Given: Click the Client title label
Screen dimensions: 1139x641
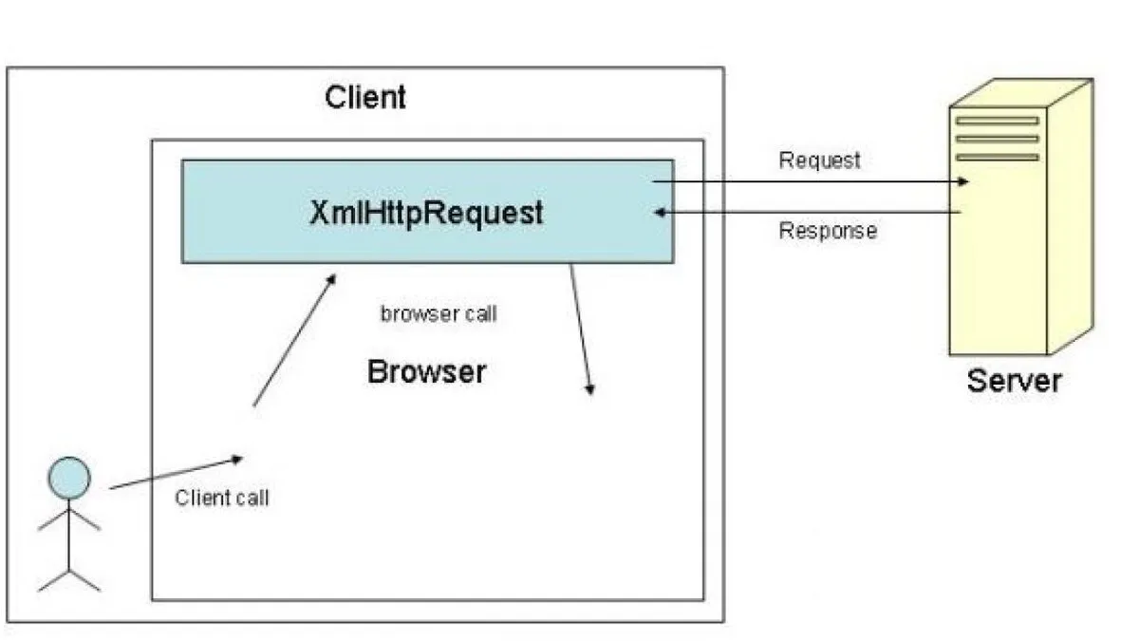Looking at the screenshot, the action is [365, 97].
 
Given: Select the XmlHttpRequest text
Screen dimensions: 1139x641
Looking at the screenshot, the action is [426, 213].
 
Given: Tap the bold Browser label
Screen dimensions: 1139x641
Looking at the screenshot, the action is [426, 371].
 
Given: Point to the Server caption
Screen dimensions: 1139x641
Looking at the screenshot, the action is [1014, 381].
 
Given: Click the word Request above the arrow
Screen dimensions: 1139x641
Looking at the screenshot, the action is [819, 160].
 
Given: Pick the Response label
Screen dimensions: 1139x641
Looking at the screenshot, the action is [828, 231].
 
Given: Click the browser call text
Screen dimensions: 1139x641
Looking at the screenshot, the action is [439, 314].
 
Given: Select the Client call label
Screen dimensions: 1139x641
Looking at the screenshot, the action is [222, 498].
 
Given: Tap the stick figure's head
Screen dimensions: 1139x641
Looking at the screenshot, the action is [69, 478].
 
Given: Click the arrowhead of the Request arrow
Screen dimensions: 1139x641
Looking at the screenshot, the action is [963, 181].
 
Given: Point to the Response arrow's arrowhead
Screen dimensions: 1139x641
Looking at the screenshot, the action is [660, 212].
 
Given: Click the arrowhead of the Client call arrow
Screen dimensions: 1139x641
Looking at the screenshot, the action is [237, 460].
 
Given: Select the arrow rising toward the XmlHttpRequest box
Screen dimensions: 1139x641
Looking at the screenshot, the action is [295, 340].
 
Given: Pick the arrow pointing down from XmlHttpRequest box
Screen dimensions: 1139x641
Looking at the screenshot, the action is [580, 330].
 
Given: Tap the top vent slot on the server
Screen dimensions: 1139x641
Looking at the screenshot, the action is [997, 122].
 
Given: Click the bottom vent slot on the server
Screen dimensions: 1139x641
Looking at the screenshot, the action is [997, 158].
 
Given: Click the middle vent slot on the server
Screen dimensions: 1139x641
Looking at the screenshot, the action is [997, 139].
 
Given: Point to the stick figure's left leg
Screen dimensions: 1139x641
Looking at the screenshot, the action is [53, 580].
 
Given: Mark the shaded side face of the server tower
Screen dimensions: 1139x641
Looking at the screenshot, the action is [1070, 217].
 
